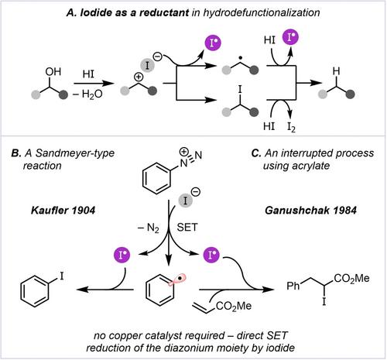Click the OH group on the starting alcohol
pyautogui.click(x=53, y=71)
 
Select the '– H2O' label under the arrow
pyautogui.click(x=87, y=94)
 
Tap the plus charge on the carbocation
pyautogui.click(x=139, y=77)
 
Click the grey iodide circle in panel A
pyautogui.click(x=147, y=65)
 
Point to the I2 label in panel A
pyautogui.click(x=291, y=127)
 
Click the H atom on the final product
pyautogui.click(x=337, y=71)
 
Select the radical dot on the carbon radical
pyautogui.click(x=240, y=58)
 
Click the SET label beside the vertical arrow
pyautogui.click(x=187, y=228)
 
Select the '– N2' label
pyautogui.click(x=149, y=228)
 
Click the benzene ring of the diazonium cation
pyautogui.click(x=156, y=178)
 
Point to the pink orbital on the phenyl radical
pyautogui.click(x=177, y=279)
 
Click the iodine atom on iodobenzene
pyautogui.click(x=61, y=276)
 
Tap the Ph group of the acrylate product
pyautogui.click(x=293, y=286)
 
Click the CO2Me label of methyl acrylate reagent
pyautogui.click(x=234, y=307)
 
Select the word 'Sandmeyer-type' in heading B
pyautogui.click(x=75, y=153)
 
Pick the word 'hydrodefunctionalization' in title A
pyautogui.click(x=262, y=12)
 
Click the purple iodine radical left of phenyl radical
pyautogui.click(x=122, y=255)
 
